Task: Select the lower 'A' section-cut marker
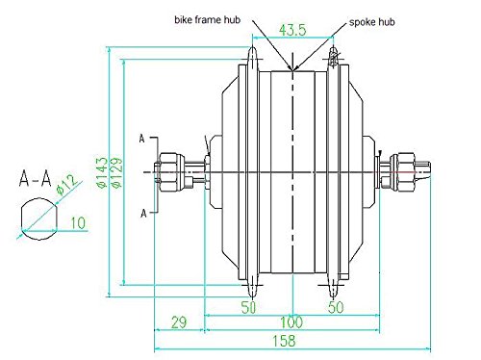141,211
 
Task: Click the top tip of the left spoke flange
253,50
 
